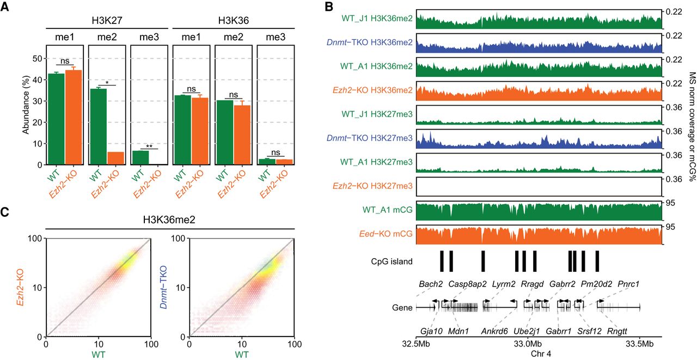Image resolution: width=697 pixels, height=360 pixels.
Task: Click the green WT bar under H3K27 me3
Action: point(140,156)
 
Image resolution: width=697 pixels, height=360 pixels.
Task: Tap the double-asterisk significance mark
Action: point(149,146)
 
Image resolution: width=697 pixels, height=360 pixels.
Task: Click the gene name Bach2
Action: point(430,284)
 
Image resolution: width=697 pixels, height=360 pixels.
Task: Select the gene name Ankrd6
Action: point(495,331)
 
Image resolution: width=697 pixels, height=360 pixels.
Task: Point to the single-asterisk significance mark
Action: point(107,82)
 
